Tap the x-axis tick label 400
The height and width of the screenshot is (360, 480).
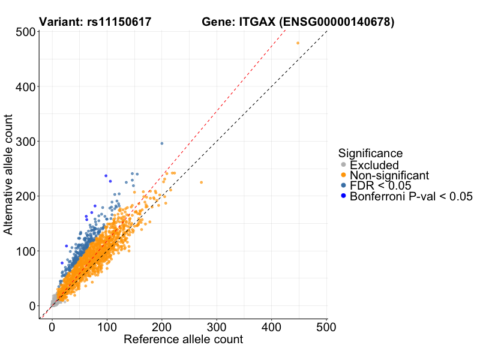[271, 327]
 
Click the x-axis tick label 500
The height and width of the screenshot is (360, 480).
[326, 327]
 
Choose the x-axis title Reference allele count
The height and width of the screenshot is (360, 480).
[183, 340]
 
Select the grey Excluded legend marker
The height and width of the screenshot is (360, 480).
[343, 165]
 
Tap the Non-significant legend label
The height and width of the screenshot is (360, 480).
[389, 175]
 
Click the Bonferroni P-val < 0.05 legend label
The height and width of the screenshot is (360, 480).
[412, 196]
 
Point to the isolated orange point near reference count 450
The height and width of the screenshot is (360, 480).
[298, 43]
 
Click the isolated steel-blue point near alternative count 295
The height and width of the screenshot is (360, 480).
[162, 143]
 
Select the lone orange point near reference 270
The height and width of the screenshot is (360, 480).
[201, 182]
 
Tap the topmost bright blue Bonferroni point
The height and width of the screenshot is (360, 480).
[106, 176]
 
